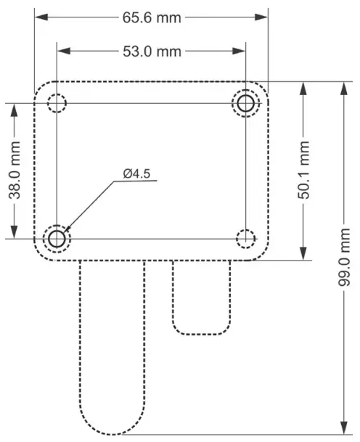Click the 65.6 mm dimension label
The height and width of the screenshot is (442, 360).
[x=152, y=18]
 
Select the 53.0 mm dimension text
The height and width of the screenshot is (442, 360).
[x=152, y=51]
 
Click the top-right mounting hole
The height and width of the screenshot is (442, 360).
[x=246, y=103]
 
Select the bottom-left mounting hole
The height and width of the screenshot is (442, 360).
[x=57, y=237]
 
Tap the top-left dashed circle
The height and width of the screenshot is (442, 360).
[x=57, y=103]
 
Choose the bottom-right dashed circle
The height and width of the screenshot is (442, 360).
[x=246, y=237]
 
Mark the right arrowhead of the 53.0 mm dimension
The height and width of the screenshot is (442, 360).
[x=241, y=51]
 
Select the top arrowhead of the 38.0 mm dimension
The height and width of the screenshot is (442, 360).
[x=12, y=107]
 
